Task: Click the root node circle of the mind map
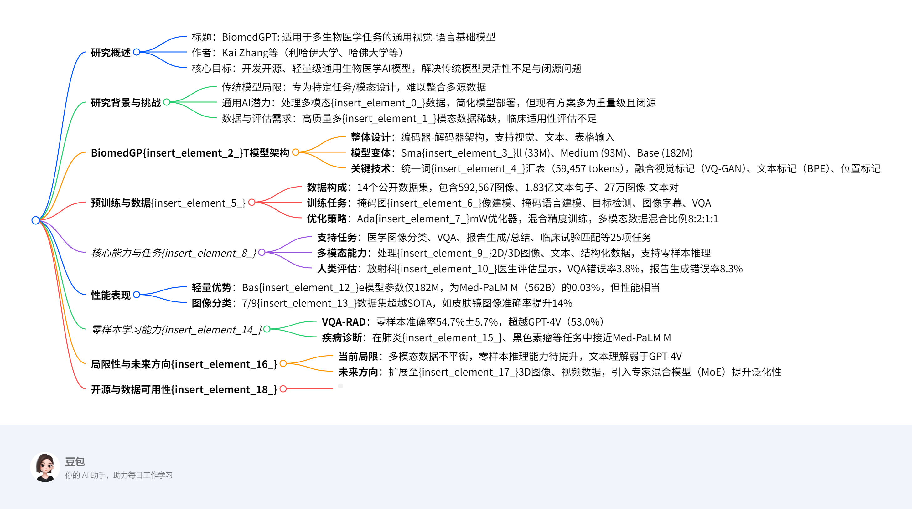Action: [35, 220]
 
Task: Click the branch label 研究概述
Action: [111, 52]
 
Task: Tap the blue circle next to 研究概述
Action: [137, 52]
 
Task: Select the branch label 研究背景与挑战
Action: [126, 103]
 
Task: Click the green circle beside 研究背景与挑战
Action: [167, 102]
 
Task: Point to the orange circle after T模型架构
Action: [296, 152]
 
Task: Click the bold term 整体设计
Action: [370, 137]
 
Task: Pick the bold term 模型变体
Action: [370, 153]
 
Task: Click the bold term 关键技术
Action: [370, 168]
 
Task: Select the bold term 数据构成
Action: [326, 187]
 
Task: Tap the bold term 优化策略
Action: [326, 219]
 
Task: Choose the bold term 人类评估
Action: [337, 269]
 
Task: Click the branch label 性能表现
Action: [111, 295]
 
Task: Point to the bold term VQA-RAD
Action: [344, 322]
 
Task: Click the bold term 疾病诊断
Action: [342, 338]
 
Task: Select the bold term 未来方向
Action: [358, 372]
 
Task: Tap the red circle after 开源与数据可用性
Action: [283, 389]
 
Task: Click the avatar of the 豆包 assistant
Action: [45, 467]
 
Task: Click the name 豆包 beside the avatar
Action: [75, 461]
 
